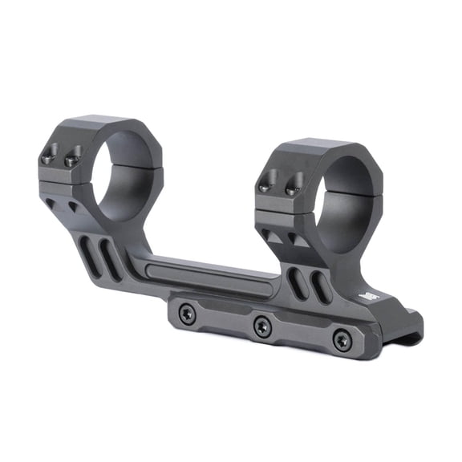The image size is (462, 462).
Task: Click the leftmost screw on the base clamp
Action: (x=188, y=314)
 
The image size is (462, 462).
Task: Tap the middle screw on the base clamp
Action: (x=261, y=326)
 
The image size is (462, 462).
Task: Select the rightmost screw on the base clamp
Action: (x=342, y=340)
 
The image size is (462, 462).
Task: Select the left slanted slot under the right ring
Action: (x=298, y=282)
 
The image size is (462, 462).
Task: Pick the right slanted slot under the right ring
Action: (x=320, y=288)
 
